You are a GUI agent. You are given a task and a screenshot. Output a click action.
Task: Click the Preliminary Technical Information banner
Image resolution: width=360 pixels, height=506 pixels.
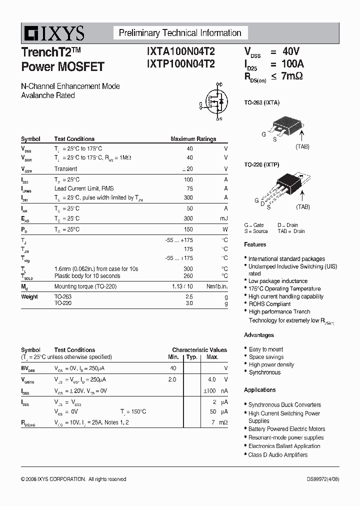coord(180,33)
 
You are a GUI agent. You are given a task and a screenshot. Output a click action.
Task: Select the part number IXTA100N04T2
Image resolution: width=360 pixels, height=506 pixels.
coord(181,51)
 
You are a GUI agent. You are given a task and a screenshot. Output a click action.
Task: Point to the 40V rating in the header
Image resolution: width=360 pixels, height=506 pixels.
coord(290,51)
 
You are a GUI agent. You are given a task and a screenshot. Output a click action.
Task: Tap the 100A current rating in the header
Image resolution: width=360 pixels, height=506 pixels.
coord(292,64)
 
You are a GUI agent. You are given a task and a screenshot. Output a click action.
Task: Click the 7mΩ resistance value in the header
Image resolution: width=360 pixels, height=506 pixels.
coord(292,76)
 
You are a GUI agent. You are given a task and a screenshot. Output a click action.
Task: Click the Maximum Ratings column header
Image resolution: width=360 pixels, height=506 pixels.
coord(193,139)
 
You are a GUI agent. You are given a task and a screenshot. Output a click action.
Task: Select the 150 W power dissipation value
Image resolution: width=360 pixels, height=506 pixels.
coord(188,229)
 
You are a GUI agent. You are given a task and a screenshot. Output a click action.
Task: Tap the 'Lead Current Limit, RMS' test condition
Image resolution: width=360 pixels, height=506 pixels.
coord(83,188)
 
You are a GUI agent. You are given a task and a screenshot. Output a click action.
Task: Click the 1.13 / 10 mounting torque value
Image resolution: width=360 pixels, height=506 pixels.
coord(182,286)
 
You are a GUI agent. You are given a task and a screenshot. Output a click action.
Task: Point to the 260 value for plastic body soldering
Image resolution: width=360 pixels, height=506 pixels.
coord(188,276)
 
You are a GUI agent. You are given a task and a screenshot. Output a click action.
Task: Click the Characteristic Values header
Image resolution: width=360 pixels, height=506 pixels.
coord(199,350)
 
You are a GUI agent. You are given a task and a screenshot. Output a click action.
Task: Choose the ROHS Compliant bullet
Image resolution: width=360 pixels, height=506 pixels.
coord(269,304)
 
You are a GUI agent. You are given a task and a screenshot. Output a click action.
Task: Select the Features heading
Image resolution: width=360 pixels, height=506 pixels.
coord(255,244)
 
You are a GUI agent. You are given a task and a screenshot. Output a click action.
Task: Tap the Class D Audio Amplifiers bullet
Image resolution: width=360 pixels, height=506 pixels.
coord(277,455)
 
